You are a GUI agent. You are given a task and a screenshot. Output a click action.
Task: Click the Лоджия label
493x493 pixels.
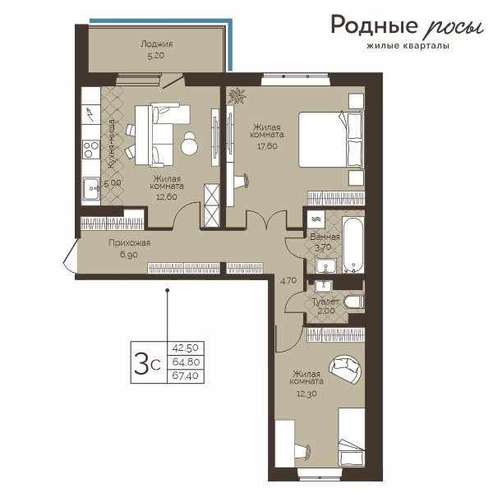click(157, 44)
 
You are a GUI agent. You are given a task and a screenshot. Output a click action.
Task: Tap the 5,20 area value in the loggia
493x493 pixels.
click(156, 56)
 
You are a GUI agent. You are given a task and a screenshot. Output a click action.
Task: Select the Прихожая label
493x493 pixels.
click(130, 242)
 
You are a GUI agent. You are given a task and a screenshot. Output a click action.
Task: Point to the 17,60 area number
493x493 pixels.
click(267, 146)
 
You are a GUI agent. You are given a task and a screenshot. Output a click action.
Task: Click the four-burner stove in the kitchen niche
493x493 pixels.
click(91, 150)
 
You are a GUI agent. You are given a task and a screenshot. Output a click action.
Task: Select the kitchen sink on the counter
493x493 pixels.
click(91, 188)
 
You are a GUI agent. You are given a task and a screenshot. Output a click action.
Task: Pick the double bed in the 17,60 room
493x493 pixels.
click(331, 140)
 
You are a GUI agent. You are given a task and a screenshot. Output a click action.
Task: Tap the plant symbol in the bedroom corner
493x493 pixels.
click(237, 95)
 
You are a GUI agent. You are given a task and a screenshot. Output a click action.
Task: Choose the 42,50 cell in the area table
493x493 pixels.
click(186, 348)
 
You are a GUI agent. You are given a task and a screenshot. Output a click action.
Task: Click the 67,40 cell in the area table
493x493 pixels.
click(186, 376)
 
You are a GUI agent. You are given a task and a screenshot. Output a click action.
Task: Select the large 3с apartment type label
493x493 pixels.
click(147, 363)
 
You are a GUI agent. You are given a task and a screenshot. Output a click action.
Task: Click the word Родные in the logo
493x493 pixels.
click(374, 25)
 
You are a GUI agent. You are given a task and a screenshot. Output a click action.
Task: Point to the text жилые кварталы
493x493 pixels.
click(408, 46)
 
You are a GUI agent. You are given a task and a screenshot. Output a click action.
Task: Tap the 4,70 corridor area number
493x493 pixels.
click(288, 280)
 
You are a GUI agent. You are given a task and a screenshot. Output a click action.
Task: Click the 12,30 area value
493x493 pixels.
click(306, 394)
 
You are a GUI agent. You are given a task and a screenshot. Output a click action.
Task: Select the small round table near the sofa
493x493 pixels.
click(190, 144)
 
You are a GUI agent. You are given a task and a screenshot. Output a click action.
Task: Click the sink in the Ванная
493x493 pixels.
click(326, 266)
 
